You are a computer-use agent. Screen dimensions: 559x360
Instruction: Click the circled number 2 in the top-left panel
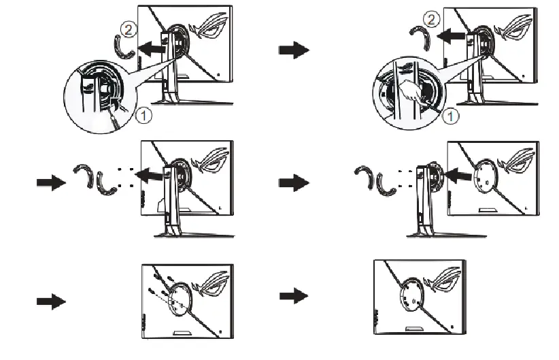tap(129, 29)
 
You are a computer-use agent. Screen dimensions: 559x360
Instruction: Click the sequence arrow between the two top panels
tap(294, 52)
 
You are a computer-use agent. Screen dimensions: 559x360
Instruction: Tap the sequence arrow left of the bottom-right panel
tap(294, 295)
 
